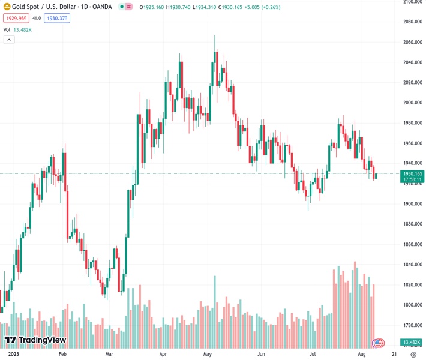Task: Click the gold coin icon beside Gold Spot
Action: [x=6, y=7]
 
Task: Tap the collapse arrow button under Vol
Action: [x=9, y=40]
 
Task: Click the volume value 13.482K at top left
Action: [x=23, y=29]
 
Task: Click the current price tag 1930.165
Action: [x=411, y=173]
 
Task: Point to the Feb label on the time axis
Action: [x=62, y=355]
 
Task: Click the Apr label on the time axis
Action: [x=163, y=355]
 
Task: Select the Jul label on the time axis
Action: [x=313, y=355]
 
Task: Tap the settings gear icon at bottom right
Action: [x=413, y=355]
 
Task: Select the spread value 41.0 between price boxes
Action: [x=36, y=19]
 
